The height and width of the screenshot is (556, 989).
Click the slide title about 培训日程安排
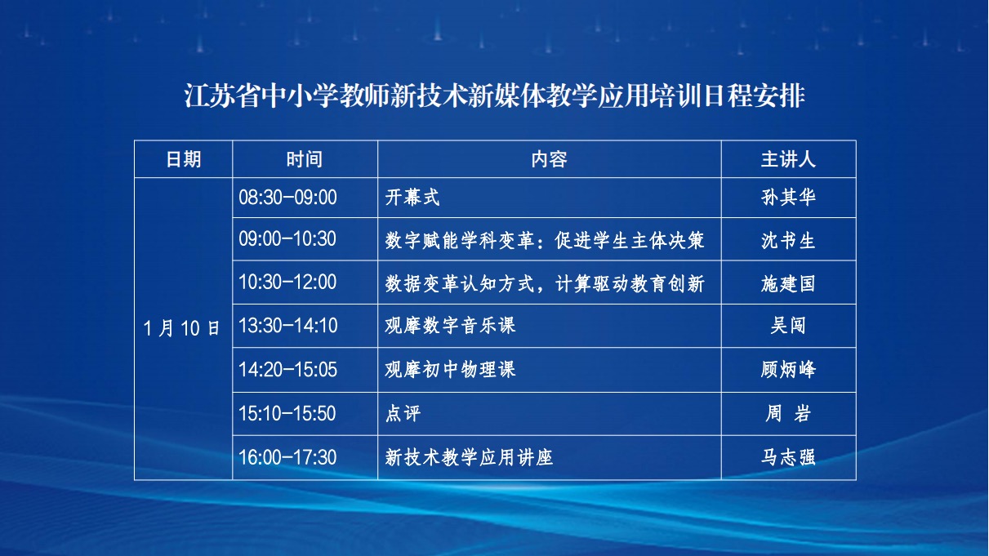(x=495, y=96)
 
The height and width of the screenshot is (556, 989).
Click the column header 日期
(x=184, y=159)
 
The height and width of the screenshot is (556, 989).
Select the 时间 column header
(x=305, y=159)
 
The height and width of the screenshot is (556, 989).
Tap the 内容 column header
(x=550, y=159)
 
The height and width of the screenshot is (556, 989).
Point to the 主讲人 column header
(x=789, y=159)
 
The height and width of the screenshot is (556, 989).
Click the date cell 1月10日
(x=182, y=328)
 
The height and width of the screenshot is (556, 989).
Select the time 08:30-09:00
(x=287, y=198)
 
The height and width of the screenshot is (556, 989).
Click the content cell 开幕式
(x=412, y=198)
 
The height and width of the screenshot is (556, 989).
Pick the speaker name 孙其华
(x=789, y=198)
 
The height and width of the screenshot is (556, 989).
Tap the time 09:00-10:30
(x=287, y=238)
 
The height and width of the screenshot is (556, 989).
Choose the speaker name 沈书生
(x=789, y=241)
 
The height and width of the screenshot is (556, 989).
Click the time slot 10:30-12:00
(x=287, y=282)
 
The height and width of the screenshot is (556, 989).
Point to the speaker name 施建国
(x=789, y=283)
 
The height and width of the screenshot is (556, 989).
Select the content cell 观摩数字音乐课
(x=450, y=326)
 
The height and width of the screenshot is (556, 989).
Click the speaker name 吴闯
(x=789, y=326)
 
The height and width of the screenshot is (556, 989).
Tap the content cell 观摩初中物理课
(x=450, y=369)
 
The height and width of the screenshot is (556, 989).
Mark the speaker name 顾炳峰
(x=789, y=369)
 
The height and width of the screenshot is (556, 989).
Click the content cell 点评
(x=403, y=413)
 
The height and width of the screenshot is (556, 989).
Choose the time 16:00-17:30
(x=287, y=457)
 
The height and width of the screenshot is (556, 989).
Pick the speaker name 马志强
(x=789, y=457)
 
